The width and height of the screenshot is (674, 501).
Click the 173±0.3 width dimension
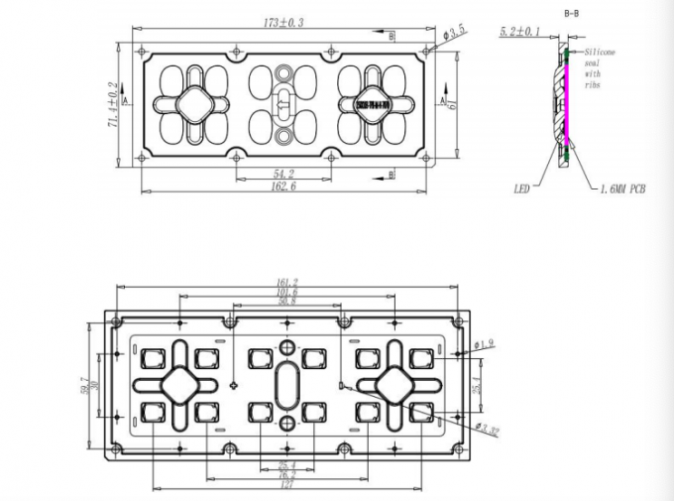[x=283, y=22]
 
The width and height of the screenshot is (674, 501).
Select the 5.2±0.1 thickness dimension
[x=520, y=32]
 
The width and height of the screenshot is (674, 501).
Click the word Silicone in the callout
[x=602, y=49]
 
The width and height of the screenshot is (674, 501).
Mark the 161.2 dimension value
[x=286, y=283]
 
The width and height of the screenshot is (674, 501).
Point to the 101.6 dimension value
[x=286, y=293]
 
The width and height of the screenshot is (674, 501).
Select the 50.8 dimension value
[x=286, y=303]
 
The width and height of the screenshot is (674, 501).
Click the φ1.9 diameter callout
[x=485, y=345]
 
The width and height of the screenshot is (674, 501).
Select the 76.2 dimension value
[x=286, y=475]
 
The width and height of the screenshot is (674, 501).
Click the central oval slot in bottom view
[x=286, y=384]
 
